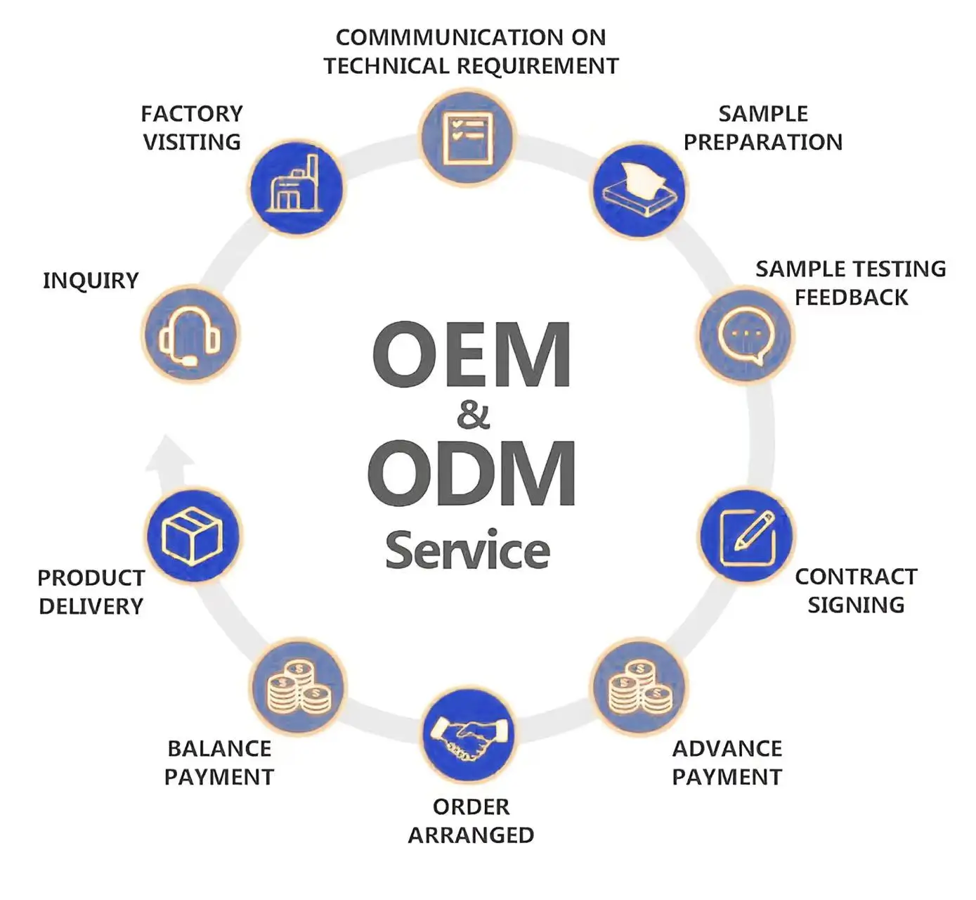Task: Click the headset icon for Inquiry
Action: coord(190,335)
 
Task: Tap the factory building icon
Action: coord(297,188)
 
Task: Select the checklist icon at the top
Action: coord(467,137)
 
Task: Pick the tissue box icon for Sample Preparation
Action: coord(639,189)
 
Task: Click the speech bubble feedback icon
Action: coord(745,335)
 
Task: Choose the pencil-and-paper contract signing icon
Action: coord(746,536)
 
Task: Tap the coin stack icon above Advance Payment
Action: coord(639,686)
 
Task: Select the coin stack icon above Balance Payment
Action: coord(298,686)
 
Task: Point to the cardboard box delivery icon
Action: coord(193,536)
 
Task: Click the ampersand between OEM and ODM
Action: coord(473,415)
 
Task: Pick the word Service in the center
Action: coord(468,551)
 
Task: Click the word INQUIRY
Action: coord(91,281)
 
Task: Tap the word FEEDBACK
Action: coord(851,297)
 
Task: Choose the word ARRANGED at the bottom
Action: coord(471,835)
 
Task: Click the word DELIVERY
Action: coord(91,606)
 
